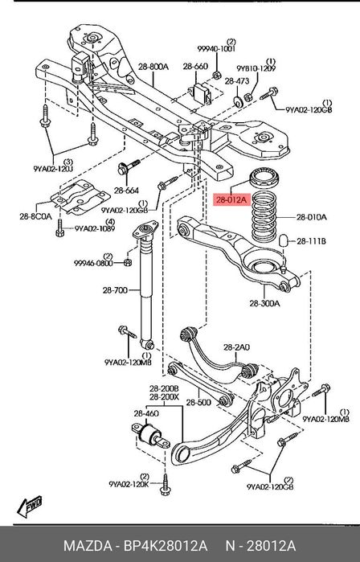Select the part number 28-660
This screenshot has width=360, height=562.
tap(195, 65)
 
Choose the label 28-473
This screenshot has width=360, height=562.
tap(235, 81)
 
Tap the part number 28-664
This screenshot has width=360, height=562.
tap(126, 191)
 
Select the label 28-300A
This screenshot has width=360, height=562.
tap(264, 303)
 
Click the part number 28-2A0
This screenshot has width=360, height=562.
tap(236, 347)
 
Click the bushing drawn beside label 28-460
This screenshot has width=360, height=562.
tap(152, 437)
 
